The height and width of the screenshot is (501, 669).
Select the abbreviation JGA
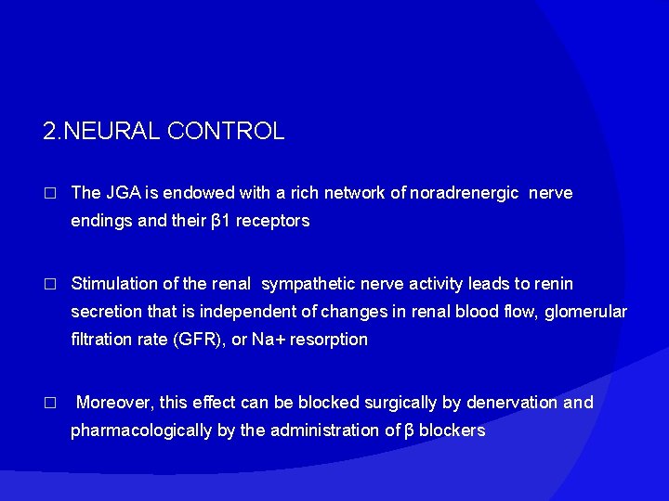point(119,193)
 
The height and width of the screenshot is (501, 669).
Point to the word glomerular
point(586,311)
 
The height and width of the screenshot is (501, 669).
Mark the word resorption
point(329,340)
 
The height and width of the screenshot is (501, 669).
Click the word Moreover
point(113,403)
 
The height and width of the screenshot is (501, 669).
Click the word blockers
point(452,430)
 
